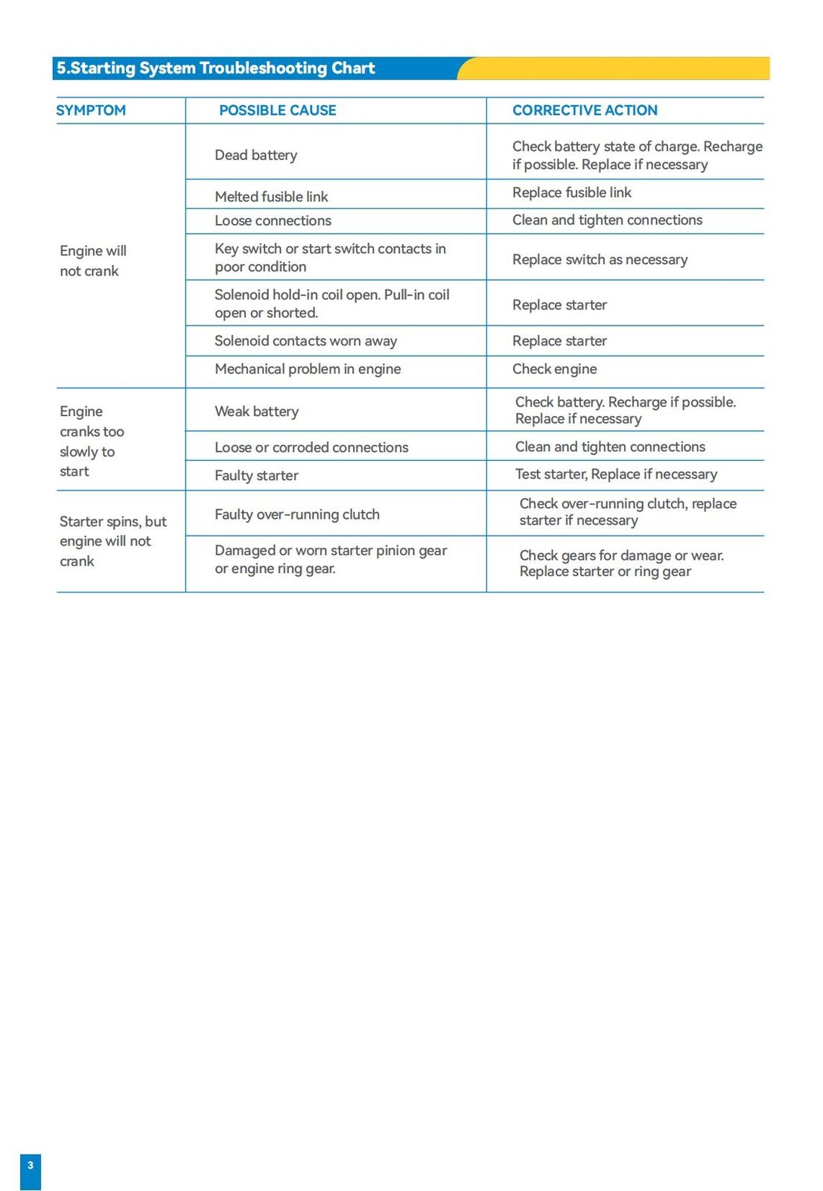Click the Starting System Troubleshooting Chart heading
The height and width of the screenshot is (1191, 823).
(216, 68)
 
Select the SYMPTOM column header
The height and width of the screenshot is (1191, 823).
(91, 110)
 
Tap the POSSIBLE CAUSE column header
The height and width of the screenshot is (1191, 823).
(277, 110)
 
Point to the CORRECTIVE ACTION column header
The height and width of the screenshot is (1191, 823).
(585, 110)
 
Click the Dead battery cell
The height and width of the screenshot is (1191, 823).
(255, 155)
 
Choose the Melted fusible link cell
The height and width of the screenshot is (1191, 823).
(271, 197)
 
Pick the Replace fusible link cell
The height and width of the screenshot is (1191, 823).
(571, 193)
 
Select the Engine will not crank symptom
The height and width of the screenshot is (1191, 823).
(92, 261)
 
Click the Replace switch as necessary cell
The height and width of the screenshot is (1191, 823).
(600, 259)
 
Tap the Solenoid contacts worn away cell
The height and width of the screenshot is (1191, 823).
(305, 341)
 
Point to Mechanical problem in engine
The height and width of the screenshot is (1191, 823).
(308, 369)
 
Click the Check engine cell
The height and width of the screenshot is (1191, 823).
(554, 369)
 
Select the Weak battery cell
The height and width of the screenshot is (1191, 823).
(256, 412)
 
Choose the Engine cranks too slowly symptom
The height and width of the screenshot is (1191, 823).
(91, 441)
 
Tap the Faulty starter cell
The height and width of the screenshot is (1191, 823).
(256, 476)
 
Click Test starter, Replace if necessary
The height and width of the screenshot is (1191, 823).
(616, 474)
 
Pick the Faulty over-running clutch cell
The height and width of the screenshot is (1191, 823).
(297, 514)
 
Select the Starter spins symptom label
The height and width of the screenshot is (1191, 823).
(112, 541)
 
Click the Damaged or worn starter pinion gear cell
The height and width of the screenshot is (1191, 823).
(331, 559)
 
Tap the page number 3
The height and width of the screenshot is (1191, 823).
(31, 1166)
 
